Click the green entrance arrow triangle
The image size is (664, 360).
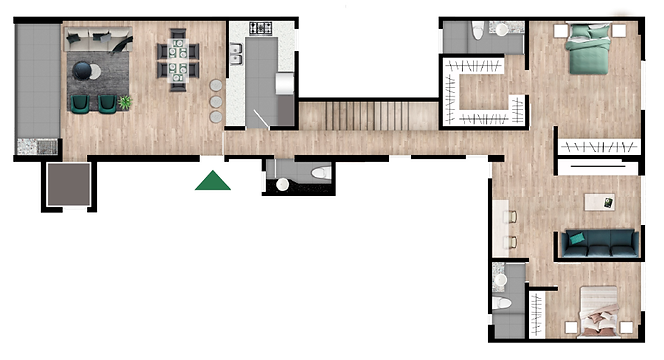pos(212,181)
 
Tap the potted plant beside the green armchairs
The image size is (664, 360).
pos(125,102)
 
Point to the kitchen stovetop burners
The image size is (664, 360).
pos(261,28)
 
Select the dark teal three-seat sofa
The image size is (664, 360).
pos(597,241)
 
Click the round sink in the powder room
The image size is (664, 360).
pos(282,185)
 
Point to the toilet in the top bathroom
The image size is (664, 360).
pos(478,30)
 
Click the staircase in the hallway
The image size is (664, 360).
pos(368,116)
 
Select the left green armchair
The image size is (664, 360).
pos(79,102)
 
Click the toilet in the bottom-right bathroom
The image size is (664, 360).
pos(504,302)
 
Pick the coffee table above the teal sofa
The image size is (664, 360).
pos(599,201)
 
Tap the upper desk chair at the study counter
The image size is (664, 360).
pos(513,215)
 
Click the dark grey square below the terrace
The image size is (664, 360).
pos(69,185)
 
